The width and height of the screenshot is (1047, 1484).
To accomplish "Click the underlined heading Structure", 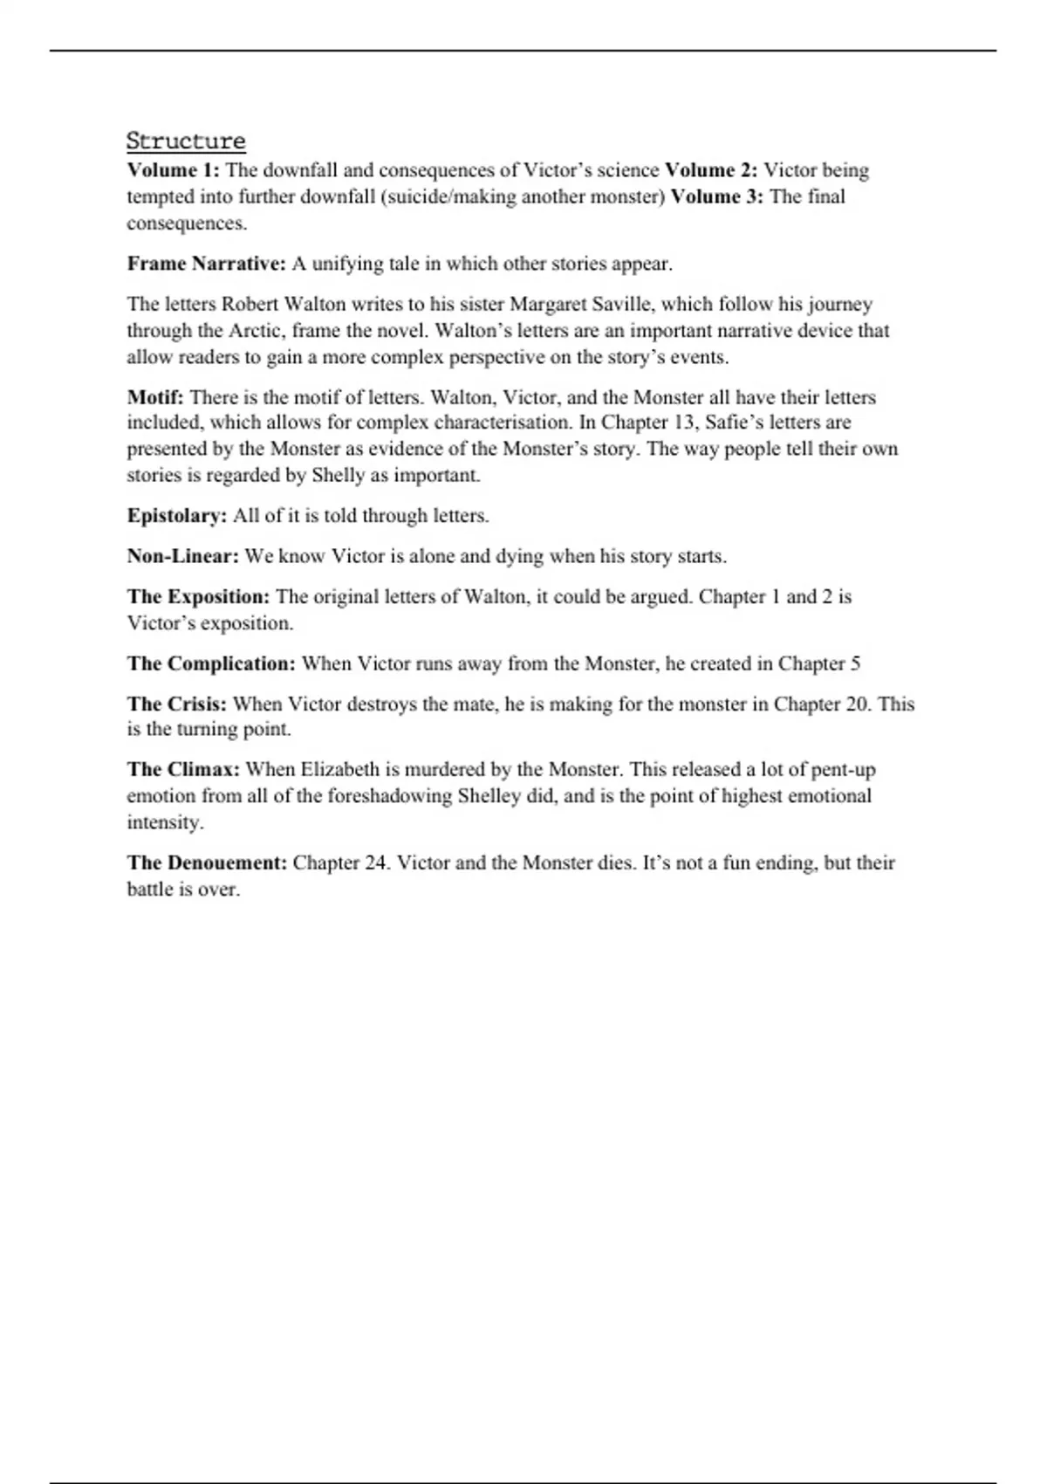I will (x=186, y=141).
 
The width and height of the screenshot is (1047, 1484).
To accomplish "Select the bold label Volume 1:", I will (x=173, y=170).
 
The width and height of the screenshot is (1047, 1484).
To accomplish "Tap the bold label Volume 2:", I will (x=710, y=170).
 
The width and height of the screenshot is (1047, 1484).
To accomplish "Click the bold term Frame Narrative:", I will (x=206, y=264).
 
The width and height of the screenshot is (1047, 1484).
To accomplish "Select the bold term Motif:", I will (x=155, y=397).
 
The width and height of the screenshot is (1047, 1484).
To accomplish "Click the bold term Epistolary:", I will (x=177, y=516).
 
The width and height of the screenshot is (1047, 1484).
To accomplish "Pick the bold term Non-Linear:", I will (x=182, y=556).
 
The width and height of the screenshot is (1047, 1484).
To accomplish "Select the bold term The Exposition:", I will (x=198, y=597).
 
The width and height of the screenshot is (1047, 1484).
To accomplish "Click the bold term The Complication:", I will (x=211, y=663).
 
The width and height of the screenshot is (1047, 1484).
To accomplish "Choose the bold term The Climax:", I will (x=183, y=770).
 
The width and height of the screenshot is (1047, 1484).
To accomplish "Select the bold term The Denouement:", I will (x=207, y=863).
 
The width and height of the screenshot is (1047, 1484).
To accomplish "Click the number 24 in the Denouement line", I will (x=373, y=863).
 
